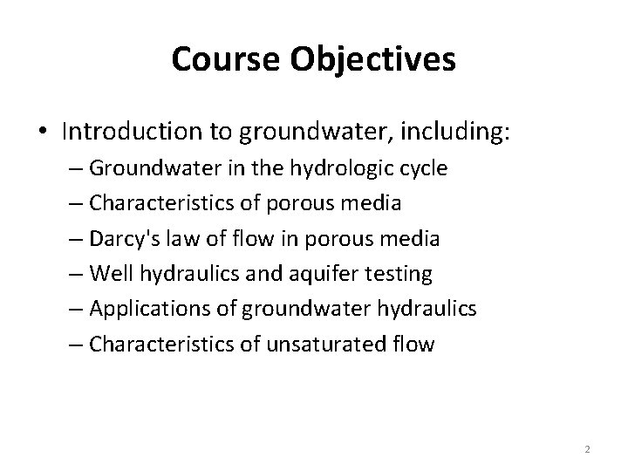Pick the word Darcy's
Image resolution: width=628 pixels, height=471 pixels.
click(123, 239)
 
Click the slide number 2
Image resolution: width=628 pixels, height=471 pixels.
click(587, 449)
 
